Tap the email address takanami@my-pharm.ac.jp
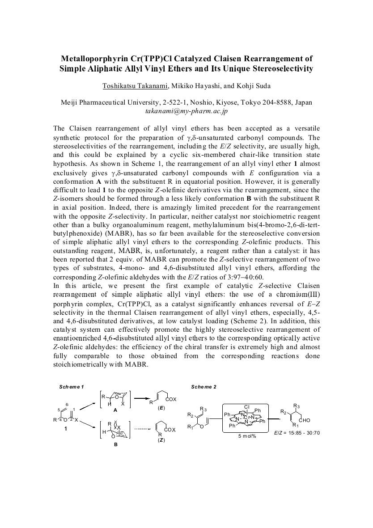coord(186,110)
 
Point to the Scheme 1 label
coord(72,386)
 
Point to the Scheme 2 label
coord(203,386)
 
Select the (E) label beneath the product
coord(161,408)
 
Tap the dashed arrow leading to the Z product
coord(142,429)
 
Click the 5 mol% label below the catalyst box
coord(247,435)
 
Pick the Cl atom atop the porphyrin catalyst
coord(246,406)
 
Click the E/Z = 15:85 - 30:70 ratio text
coord(297,432)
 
